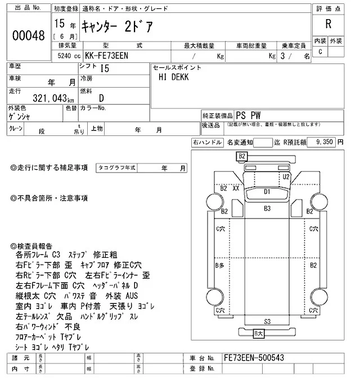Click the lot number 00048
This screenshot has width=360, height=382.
[28, 35]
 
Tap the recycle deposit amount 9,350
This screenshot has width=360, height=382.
[325, 143]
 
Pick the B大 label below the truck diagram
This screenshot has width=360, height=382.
[258, 334]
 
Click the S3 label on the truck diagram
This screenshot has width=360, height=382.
[267, 321]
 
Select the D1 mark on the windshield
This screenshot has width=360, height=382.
[268, 192]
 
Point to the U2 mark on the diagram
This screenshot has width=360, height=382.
[286, 176]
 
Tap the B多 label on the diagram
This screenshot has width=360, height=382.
[220, 264]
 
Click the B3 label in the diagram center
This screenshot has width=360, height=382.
[268, 208]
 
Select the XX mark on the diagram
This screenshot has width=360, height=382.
[236, 189]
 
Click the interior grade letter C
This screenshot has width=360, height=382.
[321, 52]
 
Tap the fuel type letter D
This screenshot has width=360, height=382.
[101, 98]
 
